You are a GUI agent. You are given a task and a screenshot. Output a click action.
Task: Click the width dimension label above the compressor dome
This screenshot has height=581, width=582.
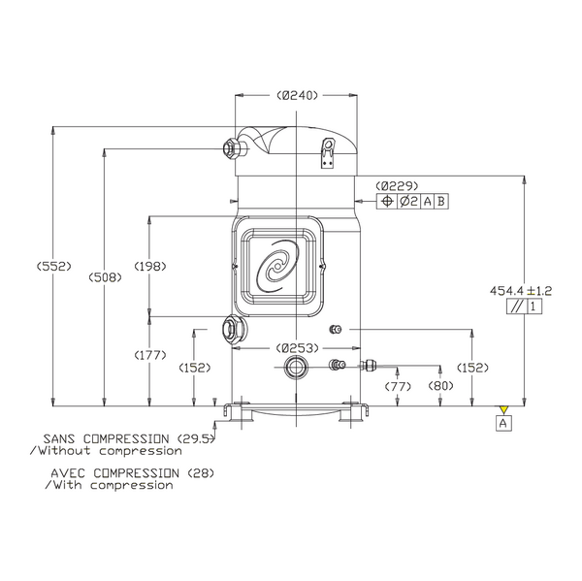(296, 95)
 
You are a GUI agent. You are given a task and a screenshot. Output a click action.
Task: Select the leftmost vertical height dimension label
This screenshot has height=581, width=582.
(53, 266)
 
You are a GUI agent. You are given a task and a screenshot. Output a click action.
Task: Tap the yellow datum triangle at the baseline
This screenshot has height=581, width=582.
(502, 406)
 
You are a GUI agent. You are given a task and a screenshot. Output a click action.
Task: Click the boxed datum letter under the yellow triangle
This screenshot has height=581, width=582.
(502, 421)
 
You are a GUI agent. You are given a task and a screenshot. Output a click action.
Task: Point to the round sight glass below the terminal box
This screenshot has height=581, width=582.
(235, 330)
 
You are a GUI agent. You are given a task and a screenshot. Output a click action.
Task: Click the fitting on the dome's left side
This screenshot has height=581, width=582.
(234, 148)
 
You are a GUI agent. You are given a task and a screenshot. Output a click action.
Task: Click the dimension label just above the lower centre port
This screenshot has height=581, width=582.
(296, 346)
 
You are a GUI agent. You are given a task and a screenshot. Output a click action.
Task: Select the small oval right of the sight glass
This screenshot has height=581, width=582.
(336, 330)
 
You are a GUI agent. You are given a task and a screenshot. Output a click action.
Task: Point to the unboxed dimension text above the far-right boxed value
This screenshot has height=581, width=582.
(521, 289)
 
